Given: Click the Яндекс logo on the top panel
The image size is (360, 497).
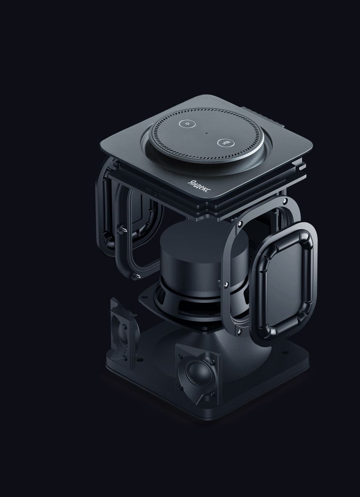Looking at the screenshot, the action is [199, 187].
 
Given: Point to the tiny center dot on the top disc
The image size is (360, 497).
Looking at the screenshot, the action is [206, 133].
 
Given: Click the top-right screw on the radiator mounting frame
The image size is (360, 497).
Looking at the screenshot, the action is [284, 201].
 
